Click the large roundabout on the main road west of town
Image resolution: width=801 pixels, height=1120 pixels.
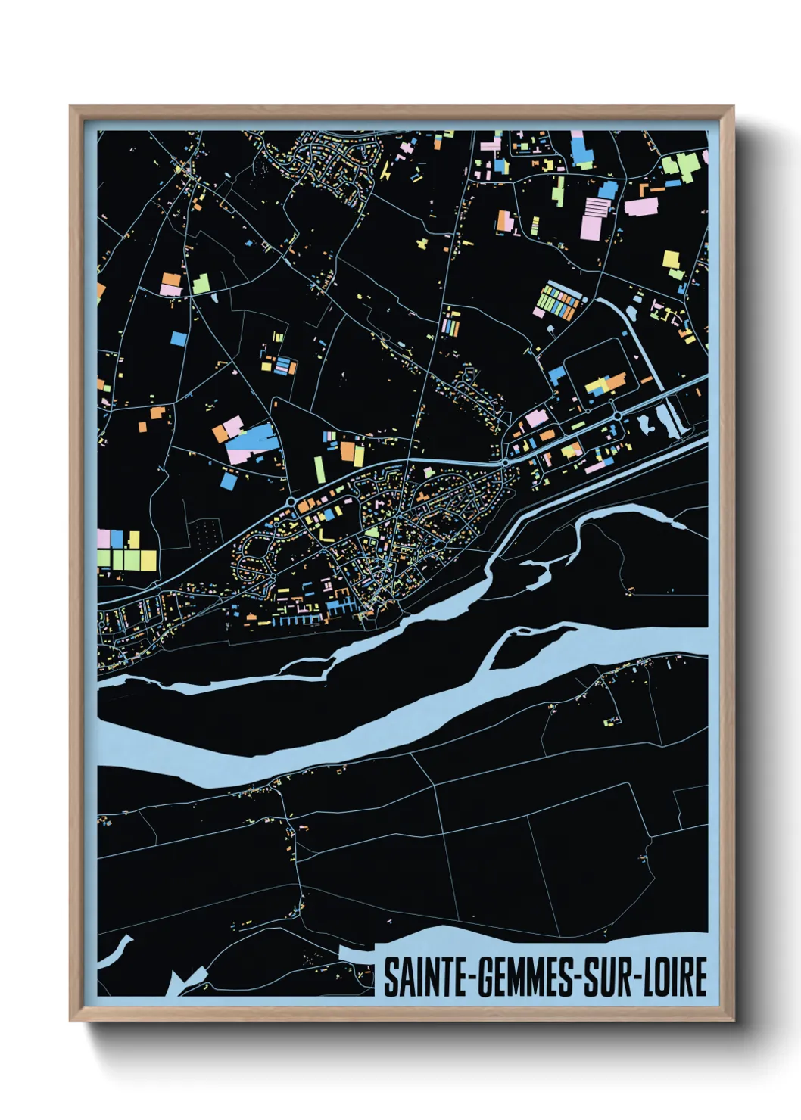(291, 501)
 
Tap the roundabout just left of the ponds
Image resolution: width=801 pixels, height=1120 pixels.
(618, 415)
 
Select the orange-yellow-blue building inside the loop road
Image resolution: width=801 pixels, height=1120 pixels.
(606, 384)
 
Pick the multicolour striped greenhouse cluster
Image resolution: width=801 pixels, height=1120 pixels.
(558, 298)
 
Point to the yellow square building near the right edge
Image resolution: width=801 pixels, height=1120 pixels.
(671, 260)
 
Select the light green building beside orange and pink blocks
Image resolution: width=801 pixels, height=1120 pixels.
(201, 285)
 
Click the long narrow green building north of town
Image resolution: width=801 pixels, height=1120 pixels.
(319, 468)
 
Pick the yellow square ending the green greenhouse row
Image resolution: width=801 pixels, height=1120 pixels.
(149, 560)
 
